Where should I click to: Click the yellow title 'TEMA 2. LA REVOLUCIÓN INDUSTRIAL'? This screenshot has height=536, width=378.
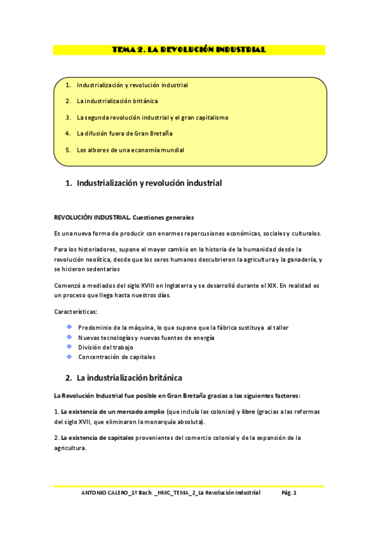pos(188,49)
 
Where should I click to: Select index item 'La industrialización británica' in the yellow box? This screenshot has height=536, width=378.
pos(117,101)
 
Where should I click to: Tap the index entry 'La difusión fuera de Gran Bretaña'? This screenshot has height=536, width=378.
pos(124,134)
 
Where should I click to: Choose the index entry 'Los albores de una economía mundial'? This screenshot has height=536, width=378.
pos(130,150)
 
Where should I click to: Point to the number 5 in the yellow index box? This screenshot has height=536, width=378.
pos(68,150)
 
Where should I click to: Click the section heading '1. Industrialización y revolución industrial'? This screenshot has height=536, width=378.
pos(144,183)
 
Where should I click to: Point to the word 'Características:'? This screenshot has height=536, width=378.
pos(75,312)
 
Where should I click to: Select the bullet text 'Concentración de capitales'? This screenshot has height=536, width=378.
pos(117,357)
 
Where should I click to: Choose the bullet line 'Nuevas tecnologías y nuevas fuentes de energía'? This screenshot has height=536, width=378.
pos(146,338)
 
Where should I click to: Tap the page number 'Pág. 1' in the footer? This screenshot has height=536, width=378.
pos(290,493)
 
